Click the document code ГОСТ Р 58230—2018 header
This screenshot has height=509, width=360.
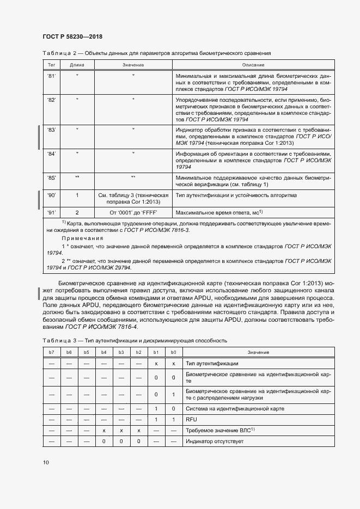pos(72,36)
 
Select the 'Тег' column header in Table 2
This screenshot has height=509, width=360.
pos(52,65)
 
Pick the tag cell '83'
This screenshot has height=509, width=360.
pos(52,130)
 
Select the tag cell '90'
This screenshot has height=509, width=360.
pos(52,195)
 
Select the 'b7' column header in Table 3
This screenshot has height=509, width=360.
pos(52,353)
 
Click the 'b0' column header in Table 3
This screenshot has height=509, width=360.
pos(173,353)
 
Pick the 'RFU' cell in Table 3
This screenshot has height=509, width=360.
pos(192,420)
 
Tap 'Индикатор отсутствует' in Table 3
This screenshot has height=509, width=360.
pos(216,441)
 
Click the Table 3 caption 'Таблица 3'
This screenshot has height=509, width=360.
pos(61,340)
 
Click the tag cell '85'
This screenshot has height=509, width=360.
pos(52,177)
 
